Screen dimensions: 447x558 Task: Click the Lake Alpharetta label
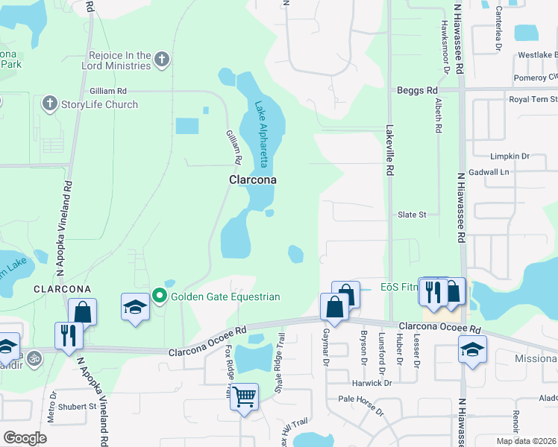pyautogui.click(x=262, y=134)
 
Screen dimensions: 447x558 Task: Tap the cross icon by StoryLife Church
pyautogui.click(x=50, y=104)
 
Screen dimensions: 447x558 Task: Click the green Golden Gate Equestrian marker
pyautogui.click(x=159, y=297)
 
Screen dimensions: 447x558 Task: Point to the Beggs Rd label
pyautogui.click(x=417, y=90)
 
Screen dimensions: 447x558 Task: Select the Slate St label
pyautogui.click(x=411, y=215)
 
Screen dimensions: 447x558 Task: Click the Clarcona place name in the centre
pyautogui.click(x=252, y=180)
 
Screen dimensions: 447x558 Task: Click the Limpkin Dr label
pyautogui.click(x=510, y=156)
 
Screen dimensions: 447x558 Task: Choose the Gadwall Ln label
pyautogui.click(x=510, y=171)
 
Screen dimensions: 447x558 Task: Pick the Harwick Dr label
pyautogui.click(x=372, y=383)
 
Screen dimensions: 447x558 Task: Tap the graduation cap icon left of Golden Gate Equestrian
pyautogui.click(x=134, y=306)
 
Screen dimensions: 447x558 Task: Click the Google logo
pyautogui.click(x=25, y=437)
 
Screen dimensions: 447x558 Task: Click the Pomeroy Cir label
pyautogui.click(x=536, y=77)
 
